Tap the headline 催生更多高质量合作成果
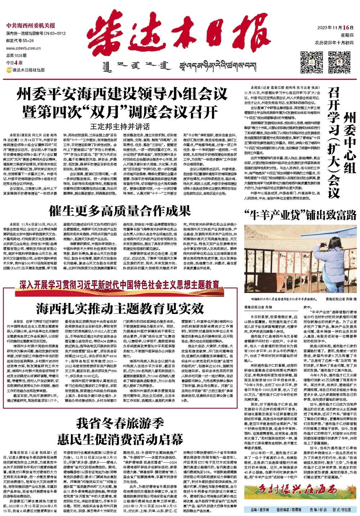point(119,210)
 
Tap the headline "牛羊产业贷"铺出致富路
point(301,215)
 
